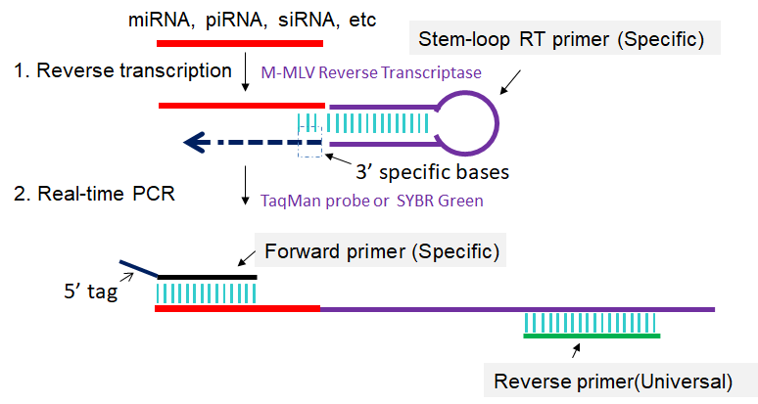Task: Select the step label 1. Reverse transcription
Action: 121,71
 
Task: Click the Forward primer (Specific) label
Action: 383,250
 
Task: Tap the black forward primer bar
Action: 207,277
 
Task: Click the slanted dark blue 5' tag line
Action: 137,269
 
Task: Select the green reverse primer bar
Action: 591,336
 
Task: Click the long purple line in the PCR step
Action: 519,309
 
